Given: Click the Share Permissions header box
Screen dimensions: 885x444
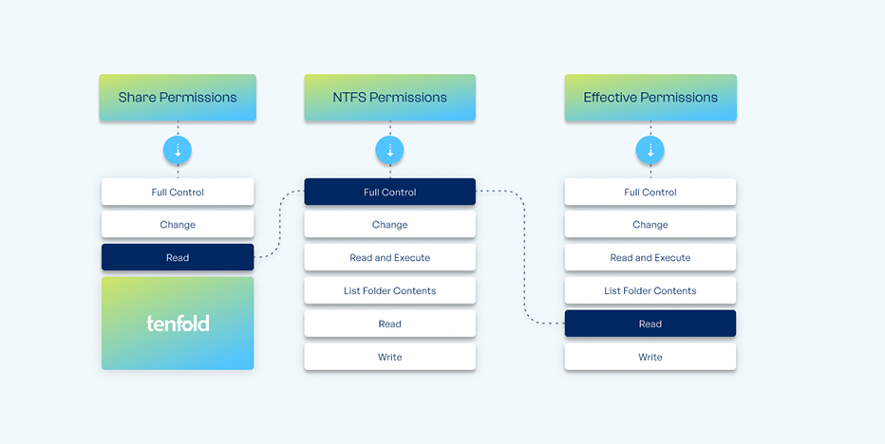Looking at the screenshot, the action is pos(178,98).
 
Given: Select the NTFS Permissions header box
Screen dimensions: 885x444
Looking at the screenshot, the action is pos(390,98).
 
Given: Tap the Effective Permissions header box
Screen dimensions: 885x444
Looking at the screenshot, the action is pos(650,98).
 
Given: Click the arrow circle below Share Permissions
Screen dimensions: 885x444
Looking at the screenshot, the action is pos(178,150).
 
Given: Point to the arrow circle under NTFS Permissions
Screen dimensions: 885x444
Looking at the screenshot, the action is pos(390,150).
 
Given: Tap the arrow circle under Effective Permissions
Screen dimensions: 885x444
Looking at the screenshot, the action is pos(650,150).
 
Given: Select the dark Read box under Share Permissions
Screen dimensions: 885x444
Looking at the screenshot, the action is pos(178,257).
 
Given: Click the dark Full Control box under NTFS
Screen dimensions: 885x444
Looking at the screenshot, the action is pos(390,192).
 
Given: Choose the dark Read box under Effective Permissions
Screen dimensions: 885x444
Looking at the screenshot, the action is pos(650,324).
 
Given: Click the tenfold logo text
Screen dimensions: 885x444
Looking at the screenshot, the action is pos(178,324).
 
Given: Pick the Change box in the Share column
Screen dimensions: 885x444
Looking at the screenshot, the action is pos(178,225).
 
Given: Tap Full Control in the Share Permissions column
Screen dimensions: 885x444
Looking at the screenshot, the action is pos(178,192).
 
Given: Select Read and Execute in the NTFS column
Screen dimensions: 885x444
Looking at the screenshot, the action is pos(390,257).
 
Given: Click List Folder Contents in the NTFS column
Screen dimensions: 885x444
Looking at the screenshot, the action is pos(390,290).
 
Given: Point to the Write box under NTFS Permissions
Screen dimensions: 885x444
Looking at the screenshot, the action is pos(390,357).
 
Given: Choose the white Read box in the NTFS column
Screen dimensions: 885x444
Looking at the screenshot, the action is pos(390,324).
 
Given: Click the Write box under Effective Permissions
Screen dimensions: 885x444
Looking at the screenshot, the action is pos(650,357).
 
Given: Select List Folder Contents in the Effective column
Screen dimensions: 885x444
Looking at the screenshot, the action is pos(650,290).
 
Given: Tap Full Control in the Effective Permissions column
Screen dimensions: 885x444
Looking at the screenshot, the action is pos(650,192).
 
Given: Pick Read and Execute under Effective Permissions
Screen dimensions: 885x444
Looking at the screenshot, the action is pos(650,257).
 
